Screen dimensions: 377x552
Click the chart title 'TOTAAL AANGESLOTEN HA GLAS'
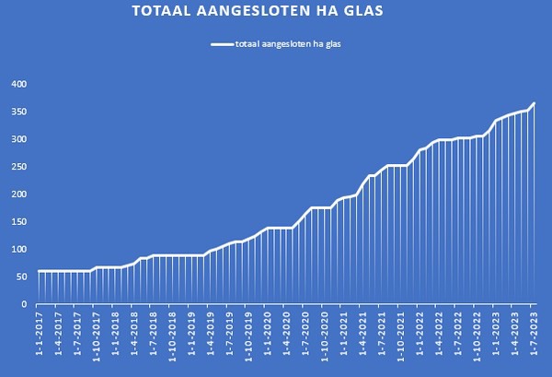(x=258, y=12)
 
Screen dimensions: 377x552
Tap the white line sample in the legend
(x=221, y=43)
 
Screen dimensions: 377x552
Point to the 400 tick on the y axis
(x=18, y=84)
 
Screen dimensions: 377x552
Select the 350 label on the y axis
(x=18, y=112)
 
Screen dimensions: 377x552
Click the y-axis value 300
(x=18, y=139)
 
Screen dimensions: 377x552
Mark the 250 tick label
(x=18, y=167)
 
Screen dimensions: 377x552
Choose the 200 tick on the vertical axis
(x=18, y=194)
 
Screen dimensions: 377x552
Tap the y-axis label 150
(x=18, y=222)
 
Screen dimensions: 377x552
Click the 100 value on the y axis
(x=18, y=249)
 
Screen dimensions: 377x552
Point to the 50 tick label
(x=21, y=277)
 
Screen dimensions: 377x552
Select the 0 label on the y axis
(x=24, y=304)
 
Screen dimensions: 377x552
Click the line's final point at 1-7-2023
(x=534, y=103)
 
